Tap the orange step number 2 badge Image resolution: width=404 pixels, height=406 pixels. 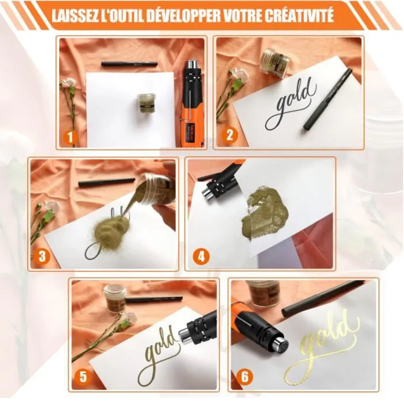coord(230,135)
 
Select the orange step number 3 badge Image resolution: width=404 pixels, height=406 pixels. coord(42,257)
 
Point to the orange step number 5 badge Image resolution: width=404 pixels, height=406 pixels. coord(83,377)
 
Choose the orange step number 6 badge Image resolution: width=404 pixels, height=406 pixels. coord(244,377)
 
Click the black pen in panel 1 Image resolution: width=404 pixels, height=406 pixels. coord(129,64)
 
